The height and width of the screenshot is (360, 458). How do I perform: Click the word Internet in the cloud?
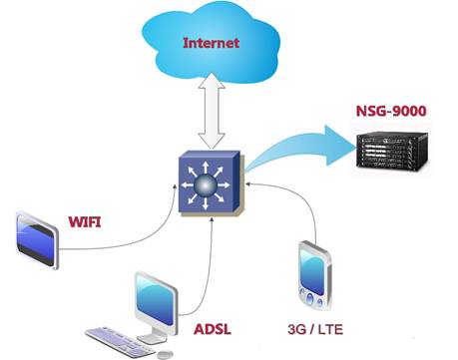[x=211, y=43]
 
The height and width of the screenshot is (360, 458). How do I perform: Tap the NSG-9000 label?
[x=391, y=111]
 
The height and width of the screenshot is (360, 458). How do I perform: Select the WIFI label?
[x=85, y=221]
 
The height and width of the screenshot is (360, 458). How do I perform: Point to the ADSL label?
[x=213, y=329]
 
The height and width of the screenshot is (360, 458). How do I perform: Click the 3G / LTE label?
[x=315, y=329]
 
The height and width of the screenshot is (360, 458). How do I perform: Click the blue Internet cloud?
[x=211, y=45]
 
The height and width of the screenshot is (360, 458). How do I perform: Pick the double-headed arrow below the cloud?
[x=212, y=111]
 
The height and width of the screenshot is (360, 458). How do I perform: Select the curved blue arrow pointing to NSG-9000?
[x=299, y=148]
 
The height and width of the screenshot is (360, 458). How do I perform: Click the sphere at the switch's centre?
[x=206, y=185]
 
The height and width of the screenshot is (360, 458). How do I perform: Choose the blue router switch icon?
[x=210, y=183]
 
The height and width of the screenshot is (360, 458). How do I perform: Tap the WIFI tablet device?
[x=37, y=239]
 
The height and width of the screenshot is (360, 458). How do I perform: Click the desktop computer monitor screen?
[x=156, y=299]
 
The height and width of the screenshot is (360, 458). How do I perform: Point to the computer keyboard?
[x=120, y=342]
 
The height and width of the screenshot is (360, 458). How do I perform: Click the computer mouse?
[x=165, y=354]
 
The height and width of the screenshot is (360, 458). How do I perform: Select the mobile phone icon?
[x=314, y=275]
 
